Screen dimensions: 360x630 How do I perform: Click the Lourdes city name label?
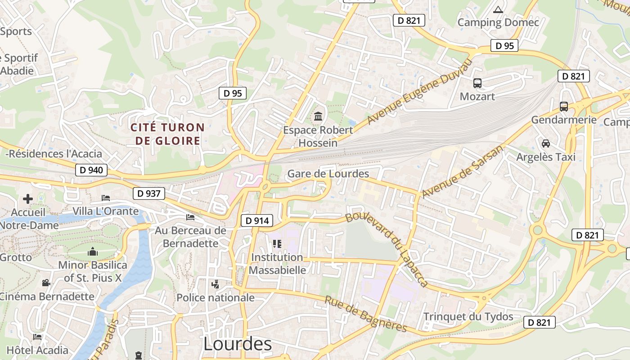pos(238,344)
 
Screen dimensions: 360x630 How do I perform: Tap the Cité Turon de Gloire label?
pos(167,134)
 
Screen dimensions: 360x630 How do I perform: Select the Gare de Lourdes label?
pos(328,174)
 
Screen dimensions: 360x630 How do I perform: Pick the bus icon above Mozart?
pos(477,83)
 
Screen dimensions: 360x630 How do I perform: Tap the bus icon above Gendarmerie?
pos(563,107)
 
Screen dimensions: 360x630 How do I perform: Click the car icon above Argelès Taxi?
pos(546,144)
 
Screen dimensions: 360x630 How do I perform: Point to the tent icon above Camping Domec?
pos(498,9)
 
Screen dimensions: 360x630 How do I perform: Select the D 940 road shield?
pos(91,170)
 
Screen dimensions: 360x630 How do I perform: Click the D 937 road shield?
pos(149,194)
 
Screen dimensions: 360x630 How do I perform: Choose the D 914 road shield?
pos(257,220)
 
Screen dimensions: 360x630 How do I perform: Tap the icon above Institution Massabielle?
pos(277,244)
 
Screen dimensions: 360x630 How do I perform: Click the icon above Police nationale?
pos(216,284)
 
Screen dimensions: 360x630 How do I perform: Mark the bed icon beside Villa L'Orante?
pos(106,198)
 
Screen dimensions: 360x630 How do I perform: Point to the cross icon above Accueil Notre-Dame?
pos(28,198)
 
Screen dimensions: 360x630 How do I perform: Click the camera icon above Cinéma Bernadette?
pos(46,283)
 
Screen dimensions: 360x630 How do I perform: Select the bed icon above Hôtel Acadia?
pos(37,337)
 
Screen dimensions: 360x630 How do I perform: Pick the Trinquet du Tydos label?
pos(468,316)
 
